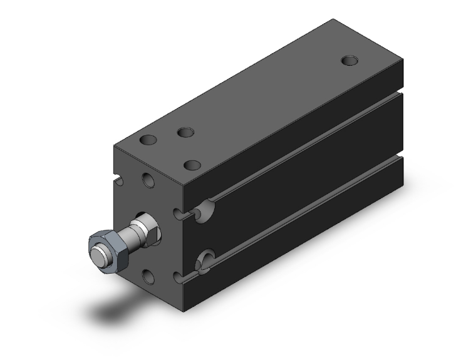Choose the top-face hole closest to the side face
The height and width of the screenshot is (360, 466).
point(192,165)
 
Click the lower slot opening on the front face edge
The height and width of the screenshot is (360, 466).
point(182,276)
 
